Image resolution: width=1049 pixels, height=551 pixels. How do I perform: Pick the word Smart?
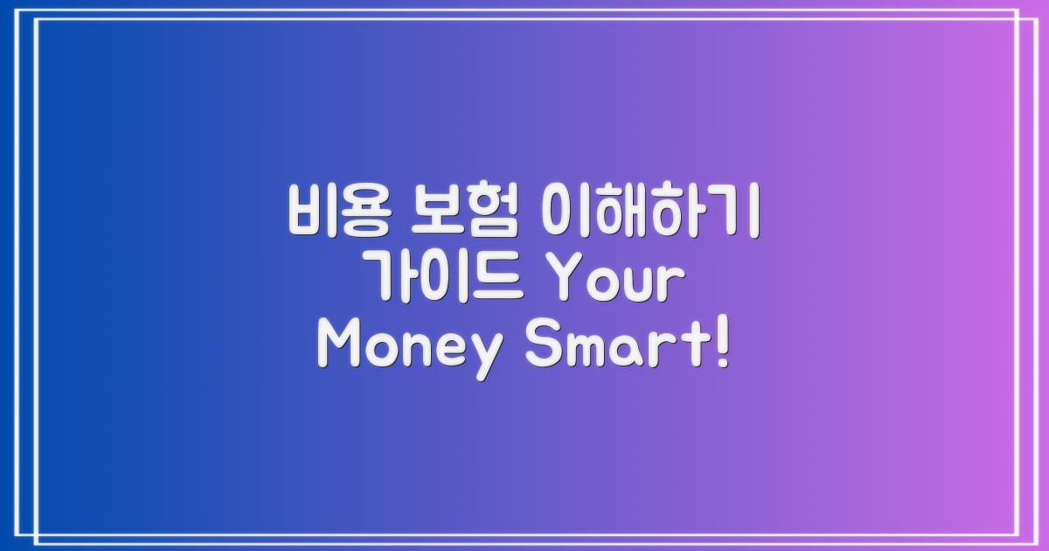612,348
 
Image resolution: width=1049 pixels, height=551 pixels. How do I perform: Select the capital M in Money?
337,348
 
